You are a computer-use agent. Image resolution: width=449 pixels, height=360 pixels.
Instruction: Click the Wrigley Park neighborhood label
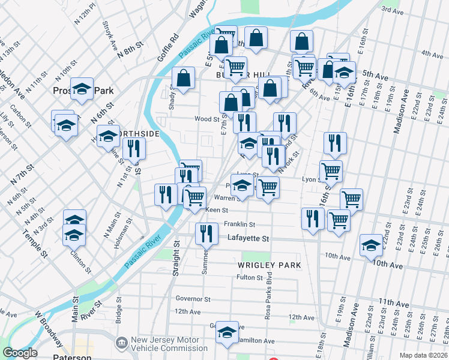click(268, 265)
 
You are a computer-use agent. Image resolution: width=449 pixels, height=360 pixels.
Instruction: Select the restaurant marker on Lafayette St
click(206, 233)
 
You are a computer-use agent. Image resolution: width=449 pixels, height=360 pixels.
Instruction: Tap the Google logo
click(20, 353)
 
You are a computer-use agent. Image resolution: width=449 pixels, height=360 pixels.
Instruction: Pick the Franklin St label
click(240, 224)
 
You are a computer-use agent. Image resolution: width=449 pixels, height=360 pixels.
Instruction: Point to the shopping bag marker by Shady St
click(184, 78)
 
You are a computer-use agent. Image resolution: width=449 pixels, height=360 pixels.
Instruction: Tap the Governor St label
click(193, 299)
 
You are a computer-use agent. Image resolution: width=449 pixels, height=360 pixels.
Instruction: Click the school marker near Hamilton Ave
click(227, 332)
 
